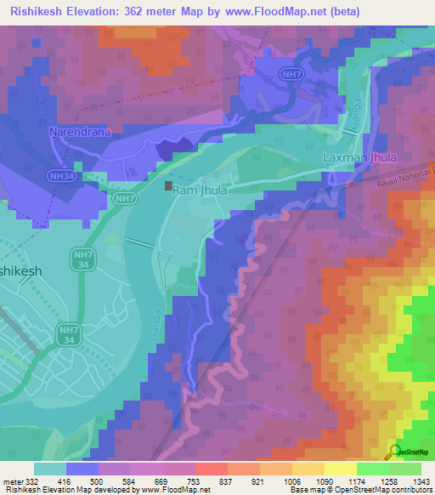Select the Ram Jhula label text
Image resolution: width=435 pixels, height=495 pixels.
coord(200,191)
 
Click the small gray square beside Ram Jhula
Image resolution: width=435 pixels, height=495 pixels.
coord(169,185)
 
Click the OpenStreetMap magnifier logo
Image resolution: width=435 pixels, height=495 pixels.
coord(396,452)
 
